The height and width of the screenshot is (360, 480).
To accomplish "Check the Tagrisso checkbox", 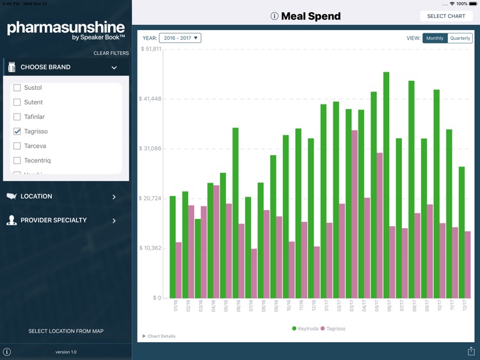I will click(17, 131).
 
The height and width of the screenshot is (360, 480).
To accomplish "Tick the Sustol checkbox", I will click(17, 88).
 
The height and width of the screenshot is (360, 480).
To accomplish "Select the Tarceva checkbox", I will click(17, 146).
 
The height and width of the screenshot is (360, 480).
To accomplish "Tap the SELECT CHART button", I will click(446, 16).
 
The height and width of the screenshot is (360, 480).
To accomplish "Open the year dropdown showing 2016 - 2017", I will click(180, 38).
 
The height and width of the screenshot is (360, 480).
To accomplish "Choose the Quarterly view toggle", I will click(460, 38).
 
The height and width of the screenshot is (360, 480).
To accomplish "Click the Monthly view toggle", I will click(435, 38).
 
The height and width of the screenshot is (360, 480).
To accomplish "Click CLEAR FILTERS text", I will click(111, 53).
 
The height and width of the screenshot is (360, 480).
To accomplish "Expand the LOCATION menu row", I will click(64, 197).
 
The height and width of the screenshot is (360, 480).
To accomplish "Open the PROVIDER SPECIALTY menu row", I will click(64, 220).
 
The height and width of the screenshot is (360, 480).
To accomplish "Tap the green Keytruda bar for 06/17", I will click(387, 186).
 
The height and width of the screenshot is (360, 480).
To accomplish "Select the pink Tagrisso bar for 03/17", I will click(355, 215).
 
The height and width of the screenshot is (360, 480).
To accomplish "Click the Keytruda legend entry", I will click(305, 329).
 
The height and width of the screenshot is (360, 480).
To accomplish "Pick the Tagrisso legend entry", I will click(333, 329).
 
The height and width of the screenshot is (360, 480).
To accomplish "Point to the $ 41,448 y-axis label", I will click(150, 99).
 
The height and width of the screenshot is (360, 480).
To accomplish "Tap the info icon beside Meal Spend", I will click(275, 16).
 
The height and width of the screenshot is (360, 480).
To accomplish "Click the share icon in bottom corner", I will click(471, 351).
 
